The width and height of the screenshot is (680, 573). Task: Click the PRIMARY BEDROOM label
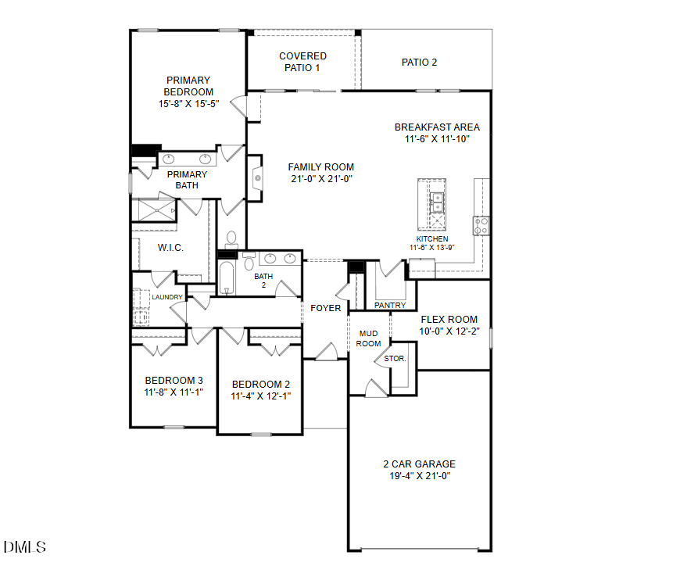point(188,86)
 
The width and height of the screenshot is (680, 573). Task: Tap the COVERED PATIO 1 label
point(302,62)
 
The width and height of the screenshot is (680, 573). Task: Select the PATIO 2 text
point(419,62)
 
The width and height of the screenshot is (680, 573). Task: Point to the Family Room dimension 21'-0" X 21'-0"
point(320,178)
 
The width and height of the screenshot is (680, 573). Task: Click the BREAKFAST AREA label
point(437,127)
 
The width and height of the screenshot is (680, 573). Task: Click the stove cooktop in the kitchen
point(481,226)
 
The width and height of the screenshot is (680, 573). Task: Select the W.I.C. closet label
point(170,248)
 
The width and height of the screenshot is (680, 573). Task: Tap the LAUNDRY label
point(167,297)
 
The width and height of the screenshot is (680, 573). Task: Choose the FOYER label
point(326,308)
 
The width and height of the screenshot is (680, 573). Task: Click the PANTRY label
point(390,305)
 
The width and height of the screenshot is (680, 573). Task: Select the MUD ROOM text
point(369,338)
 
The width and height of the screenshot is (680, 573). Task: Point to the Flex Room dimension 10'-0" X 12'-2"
point(449,331)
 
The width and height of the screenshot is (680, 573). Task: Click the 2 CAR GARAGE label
point(421,464)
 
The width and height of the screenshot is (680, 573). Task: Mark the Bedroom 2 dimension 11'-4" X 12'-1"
point(261,396)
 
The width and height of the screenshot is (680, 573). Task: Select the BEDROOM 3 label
point(174,381)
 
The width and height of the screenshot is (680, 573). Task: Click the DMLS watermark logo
point(25,547)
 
